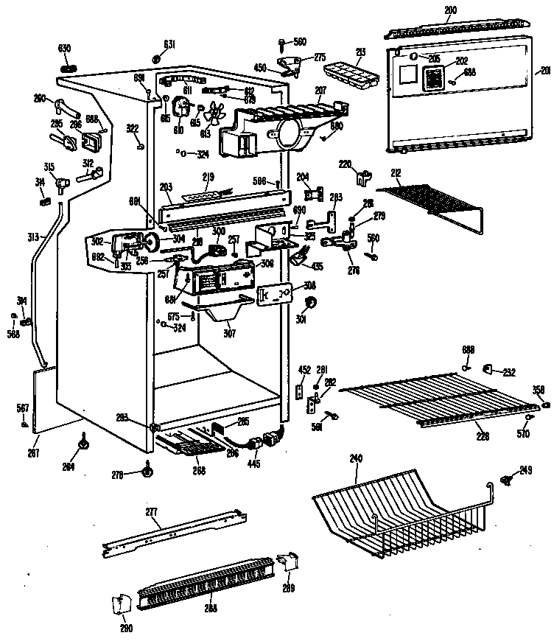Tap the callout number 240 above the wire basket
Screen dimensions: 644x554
click(x=356, y=458)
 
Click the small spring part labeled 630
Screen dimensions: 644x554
click(x=66, y=69)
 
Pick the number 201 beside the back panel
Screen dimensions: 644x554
click(x=545, y=71)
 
